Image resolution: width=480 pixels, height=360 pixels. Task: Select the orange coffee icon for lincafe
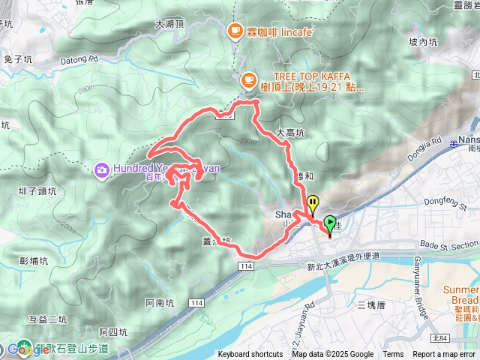(x=234, y=31)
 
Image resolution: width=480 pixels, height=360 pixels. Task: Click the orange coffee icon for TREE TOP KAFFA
(x=248, y=77)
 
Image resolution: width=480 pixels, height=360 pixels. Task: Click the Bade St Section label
(x=448, y=244)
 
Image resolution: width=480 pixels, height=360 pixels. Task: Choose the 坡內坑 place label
(x=424, y=42)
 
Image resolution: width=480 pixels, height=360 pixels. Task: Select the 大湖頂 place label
(x=169, y=24)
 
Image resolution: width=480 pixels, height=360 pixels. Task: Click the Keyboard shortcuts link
(x=250, y=355)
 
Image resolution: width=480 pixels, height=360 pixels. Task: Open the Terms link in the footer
(x=393, y=355)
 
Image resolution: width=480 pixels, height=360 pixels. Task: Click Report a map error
(x=445, y=355)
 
